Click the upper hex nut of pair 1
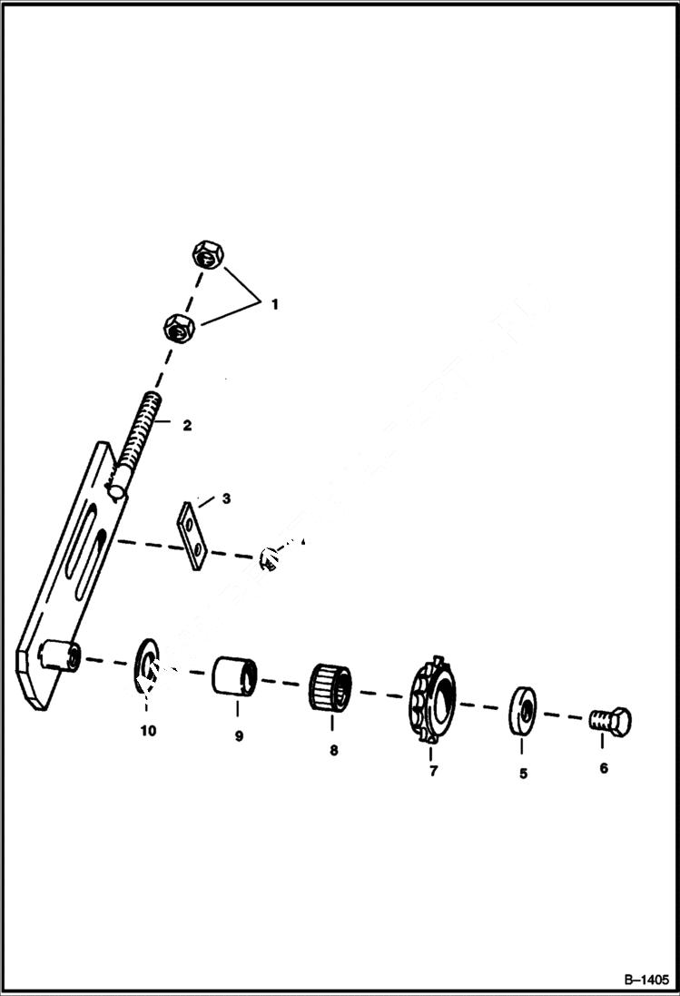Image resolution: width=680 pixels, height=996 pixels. pyautogui.click(x=206, y=255)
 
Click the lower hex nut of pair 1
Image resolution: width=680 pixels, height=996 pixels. pyautogui.click(x=178, y=327)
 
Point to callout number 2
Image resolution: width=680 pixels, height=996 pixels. pyautogui.click(x=186, y=425)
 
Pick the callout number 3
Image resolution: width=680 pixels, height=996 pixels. pyautogui.click(x=226, y=498)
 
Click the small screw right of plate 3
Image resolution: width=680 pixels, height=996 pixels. pyautogui.click(x=270, y=557)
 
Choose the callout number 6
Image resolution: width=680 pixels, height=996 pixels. pyautogui.click(x=604, y=768)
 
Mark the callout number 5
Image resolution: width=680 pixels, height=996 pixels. pyautogui.click(x=523, y=774)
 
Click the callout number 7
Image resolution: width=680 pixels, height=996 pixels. pyautogui.click(x=433, y=771)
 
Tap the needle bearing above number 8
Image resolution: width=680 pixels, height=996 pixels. pyautogui.click(x=331, y=687)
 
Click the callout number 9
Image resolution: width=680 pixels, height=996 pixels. pyautogui.click(x=239, y=736)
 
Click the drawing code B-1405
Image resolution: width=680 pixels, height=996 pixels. pyautogui.click(x=646, y=981)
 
